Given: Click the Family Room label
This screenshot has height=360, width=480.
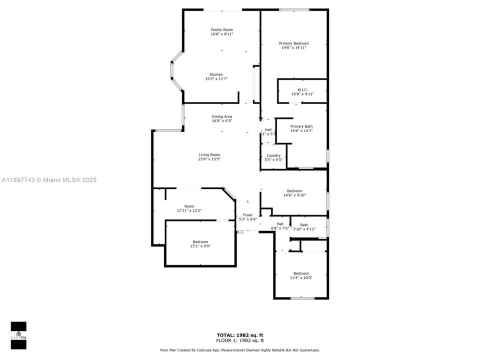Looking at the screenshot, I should pyautogui.click(x=221, y=30).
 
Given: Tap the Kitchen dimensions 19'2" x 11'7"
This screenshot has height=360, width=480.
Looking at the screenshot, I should pyautogui.click(x=216, y=79).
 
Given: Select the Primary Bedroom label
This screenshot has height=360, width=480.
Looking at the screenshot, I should pyautogui.click(x=293, y=43).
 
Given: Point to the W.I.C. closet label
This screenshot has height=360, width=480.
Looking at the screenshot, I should pyautogui.click(x=302, y=89).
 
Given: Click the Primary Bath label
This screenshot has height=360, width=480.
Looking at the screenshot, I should pyautogui.click(x=301, y=126).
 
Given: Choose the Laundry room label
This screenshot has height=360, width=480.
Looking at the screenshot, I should pyautogui.click(x=273, y=155).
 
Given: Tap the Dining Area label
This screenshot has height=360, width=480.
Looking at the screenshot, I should pyautogui.click(x=222, y=116).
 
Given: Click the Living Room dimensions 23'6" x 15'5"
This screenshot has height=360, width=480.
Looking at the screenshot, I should pyautogui.click(x=209, y=159).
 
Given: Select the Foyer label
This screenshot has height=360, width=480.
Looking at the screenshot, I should pyautogui.click(x=247, y=214).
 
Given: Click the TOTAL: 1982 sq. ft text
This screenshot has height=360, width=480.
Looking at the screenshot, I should pyautogui.click(x=239, y=335).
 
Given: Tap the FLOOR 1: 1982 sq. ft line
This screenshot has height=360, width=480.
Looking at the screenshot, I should pyautogui.click(x=239, y=340).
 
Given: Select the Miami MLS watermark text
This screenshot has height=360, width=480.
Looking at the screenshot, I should pyautogui.click(x=48, y=180).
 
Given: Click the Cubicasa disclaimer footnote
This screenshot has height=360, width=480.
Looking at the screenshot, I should pyautogui.click(x=239, y=350).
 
